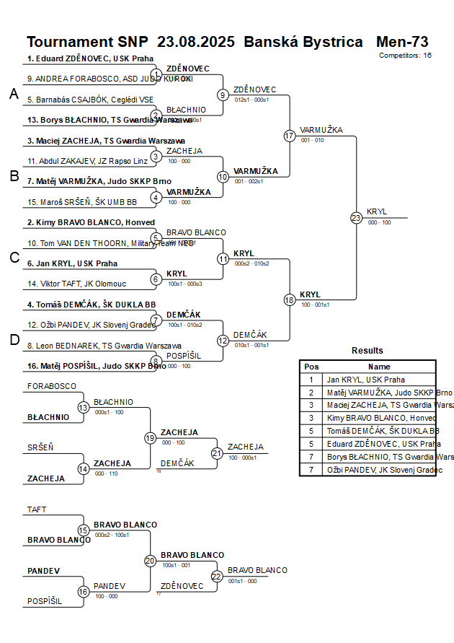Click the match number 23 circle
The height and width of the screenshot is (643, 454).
356,218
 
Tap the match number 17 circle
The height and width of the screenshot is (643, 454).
290,136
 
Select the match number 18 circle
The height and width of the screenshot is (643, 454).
290,299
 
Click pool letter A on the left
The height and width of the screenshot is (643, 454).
14,94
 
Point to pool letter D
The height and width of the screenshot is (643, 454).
14,341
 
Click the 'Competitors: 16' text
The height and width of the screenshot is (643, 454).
406,55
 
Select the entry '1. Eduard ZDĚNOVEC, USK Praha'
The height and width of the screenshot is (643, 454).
86,58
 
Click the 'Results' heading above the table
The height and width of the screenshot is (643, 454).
368,351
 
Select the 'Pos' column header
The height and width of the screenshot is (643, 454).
311,367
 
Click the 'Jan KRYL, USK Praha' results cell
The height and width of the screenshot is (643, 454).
365,380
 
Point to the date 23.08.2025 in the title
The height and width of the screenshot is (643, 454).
195,42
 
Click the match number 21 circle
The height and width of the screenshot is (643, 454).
217,453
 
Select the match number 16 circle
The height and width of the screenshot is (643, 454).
84,592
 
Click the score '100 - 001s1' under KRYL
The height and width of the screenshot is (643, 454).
314,305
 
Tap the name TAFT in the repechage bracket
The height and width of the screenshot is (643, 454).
37,509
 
